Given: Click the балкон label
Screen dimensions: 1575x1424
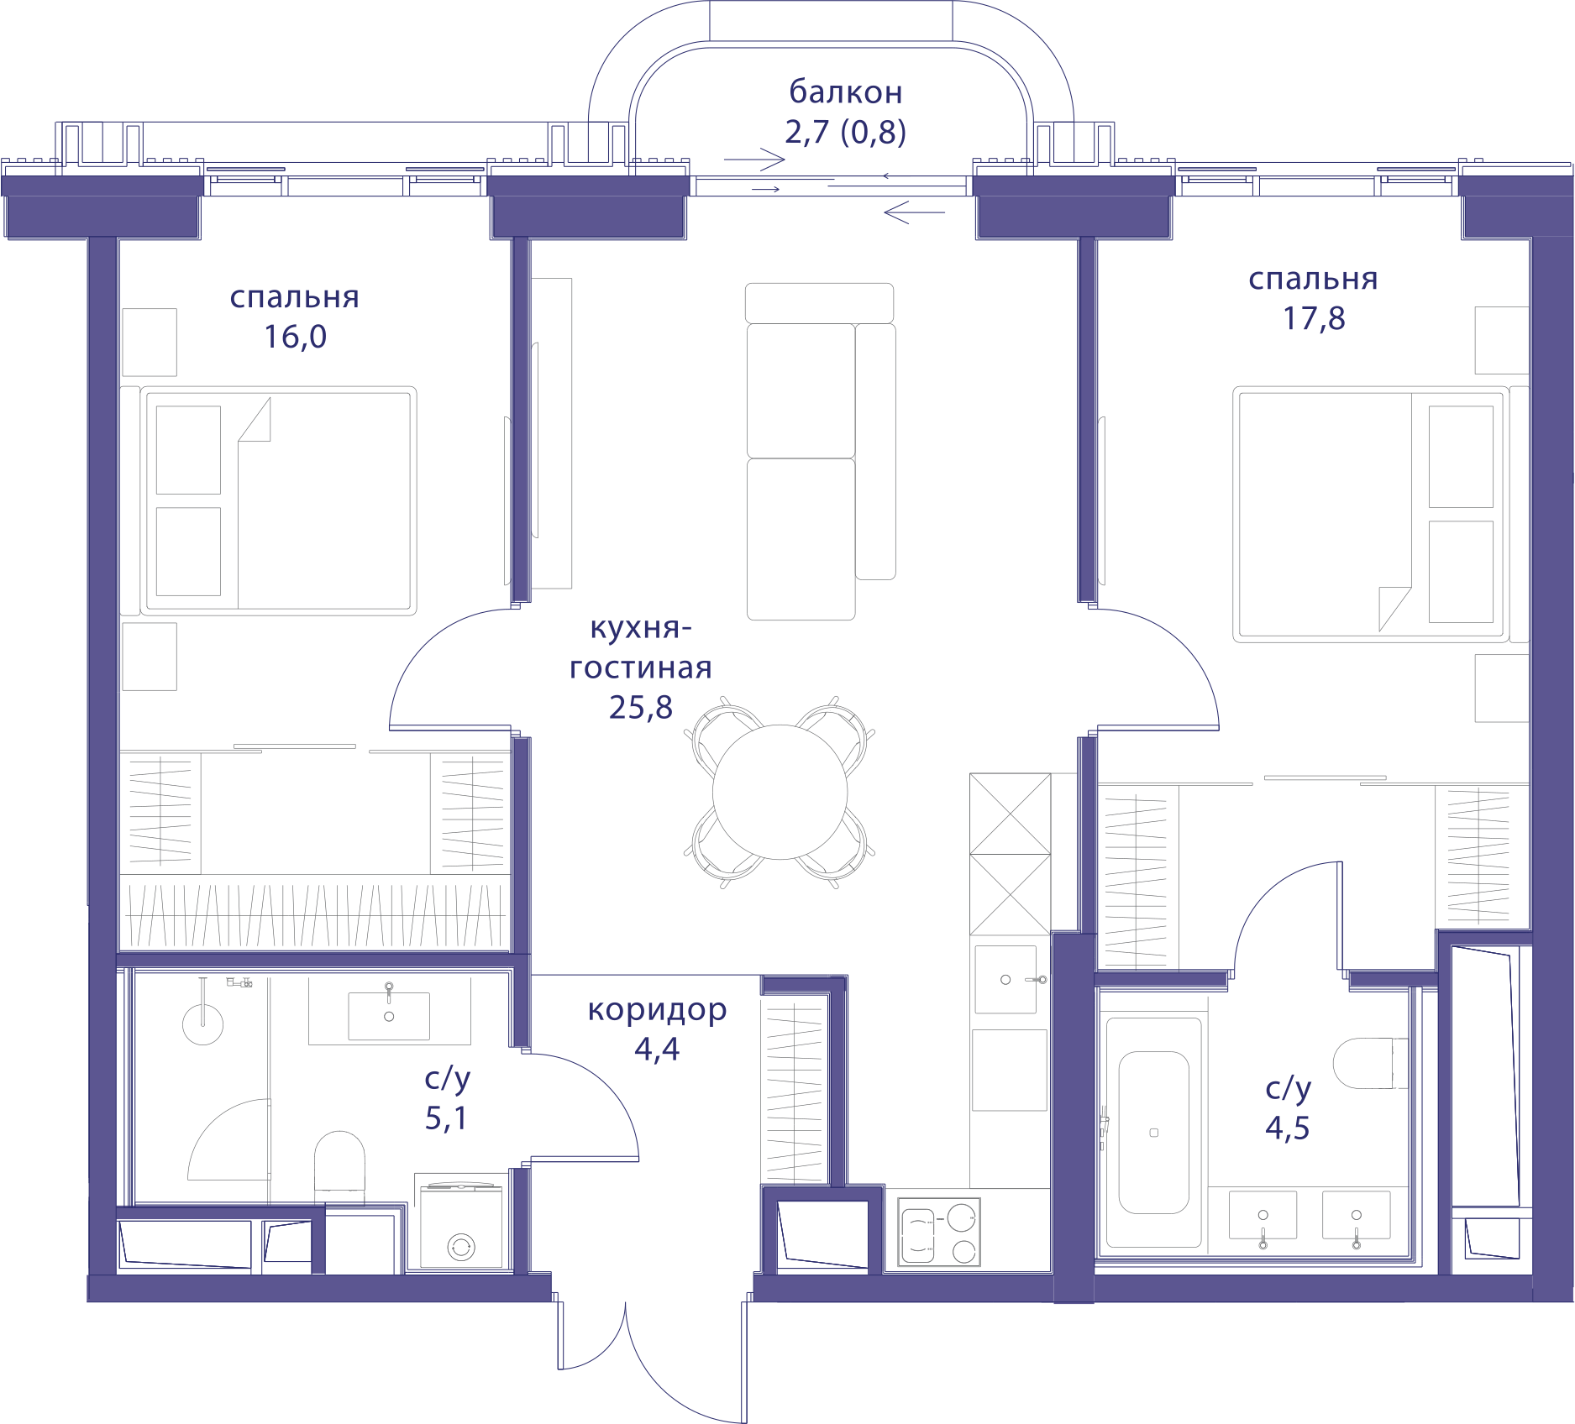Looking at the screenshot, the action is [x=846, y=92].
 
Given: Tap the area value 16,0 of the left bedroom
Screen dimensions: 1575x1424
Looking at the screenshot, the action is [x=295, y=337].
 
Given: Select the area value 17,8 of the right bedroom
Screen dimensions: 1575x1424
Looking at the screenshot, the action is [x=1314, y=318].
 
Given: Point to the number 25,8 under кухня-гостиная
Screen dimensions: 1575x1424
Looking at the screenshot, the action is [x=641, y=708].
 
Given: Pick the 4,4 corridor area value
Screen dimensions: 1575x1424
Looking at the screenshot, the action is [x=657, y=1049].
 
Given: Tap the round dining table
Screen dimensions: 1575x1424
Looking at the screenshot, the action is [x=780, y=792].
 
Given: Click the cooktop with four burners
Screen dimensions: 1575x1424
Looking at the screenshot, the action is [x=939, y=1232].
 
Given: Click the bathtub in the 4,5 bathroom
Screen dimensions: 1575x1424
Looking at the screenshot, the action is [x=1153, y=1133].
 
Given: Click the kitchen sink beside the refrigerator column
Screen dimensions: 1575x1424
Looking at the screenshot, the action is [x=1006, y=980].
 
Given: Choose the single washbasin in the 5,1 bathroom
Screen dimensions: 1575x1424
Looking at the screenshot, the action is [x=389, y=1015].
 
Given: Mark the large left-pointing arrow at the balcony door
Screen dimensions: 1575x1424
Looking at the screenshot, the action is [x=915, y=212].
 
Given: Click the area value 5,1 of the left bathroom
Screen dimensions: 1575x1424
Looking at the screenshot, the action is [x=446, y=1118].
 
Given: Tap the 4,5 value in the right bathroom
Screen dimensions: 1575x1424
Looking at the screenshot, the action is [x=1288, y=1128].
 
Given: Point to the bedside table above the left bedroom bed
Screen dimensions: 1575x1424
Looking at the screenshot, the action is [x=150, y=342].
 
